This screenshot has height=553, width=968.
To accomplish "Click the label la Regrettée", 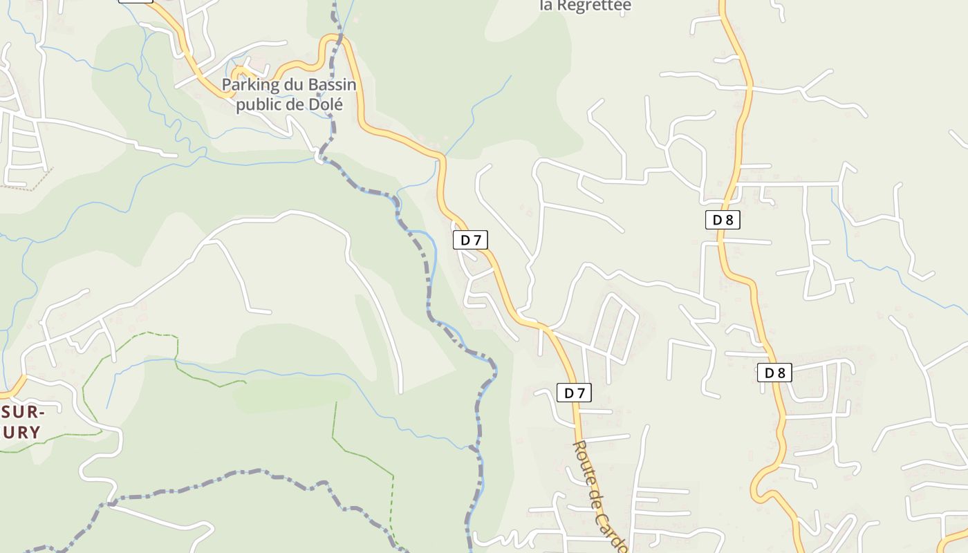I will [585, 6].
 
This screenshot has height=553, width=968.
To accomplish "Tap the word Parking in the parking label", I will [247, 86].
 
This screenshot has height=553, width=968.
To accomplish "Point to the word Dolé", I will [328, 104].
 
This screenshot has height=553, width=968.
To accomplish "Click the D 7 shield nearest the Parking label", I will [470, 240].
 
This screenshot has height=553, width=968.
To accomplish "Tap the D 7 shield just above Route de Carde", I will [574, 393].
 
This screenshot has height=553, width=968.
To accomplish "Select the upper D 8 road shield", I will [723, 220].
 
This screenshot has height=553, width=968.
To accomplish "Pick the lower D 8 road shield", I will [774, 373].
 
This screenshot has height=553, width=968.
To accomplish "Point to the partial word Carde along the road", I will [612, 531].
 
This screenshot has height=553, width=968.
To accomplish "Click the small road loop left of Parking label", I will [239, 72].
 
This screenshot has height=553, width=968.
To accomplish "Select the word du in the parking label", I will [290, 86].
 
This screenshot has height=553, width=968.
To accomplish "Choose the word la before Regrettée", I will [546, 6].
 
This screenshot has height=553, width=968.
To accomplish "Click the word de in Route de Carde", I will [597, 496].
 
